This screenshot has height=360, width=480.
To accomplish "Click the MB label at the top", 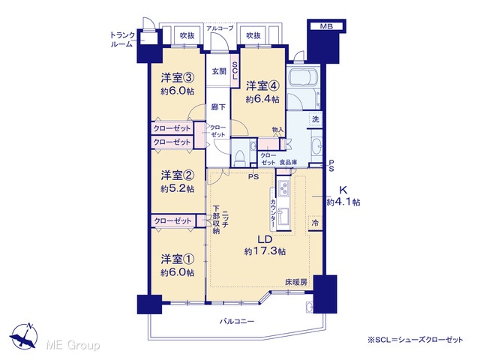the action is pos(326,26).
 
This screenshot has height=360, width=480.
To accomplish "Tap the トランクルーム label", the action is pos(122,40).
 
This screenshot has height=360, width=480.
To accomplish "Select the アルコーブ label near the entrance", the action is pos(220,28).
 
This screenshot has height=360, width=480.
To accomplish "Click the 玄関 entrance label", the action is pos(219,71).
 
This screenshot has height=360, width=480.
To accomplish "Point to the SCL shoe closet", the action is pos(235,70).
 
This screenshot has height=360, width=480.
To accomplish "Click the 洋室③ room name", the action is pos(177,78).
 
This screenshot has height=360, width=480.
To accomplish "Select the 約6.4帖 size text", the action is pos(262,99).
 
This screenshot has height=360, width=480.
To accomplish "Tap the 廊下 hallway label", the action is pos(218,107).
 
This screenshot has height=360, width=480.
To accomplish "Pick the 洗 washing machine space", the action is pos(316,119).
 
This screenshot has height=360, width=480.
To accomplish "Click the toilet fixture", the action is pos(239,158).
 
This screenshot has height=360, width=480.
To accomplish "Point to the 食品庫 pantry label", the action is pos(288,163).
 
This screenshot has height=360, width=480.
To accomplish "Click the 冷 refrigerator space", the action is pos(315,223).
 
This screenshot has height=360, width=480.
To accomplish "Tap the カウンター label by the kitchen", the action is pos(273,214).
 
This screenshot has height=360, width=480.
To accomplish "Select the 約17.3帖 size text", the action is pos(265,251).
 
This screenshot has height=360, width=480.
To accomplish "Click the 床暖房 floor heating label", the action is pos(296,282).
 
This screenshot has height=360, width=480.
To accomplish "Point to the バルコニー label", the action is pos(237,322).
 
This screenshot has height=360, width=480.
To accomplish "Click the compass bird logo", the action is pos(23,336).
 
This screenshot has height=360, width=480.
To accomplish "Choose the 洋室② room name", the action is pos(177,175).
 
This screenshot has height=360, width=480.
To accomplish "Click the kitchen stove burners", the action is pos(283,188).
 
